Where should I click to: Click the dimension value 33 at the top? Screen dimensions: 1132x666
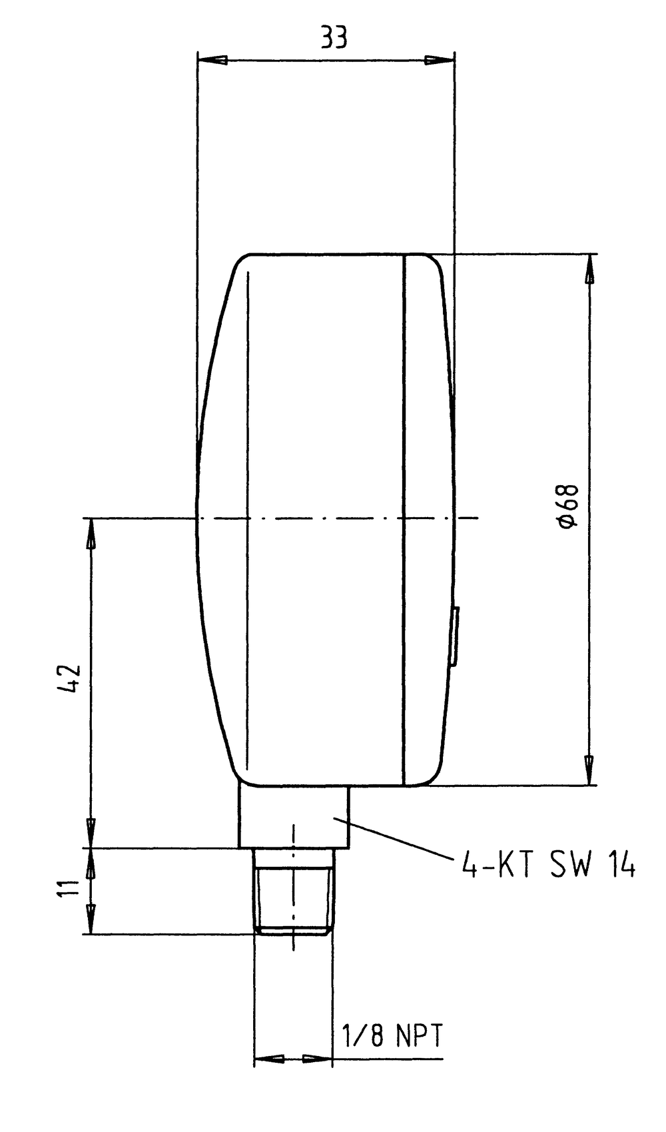tap(334, 38)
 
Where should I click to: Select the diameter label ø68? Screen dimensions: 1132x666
tap(569, 506)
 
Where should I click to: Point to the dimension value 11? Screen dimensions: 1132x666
tap(69, 890)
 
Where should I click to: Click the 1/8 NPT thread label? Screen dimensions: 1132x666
tap(391, 1036)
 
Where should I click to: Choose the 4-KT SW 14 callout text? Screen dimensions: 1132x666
tap(548, 865)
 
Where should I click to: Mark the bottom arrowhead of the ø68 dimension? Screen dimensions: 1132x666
tap(589, 770)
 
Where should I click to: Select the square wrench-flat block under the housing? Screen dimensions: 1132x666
tap(293, 816)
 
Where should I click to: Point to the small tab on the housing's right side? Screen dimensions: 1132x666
tap(454, 636)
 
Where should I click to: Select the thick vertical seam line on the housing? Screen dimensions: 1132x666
tap(404, 520)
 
